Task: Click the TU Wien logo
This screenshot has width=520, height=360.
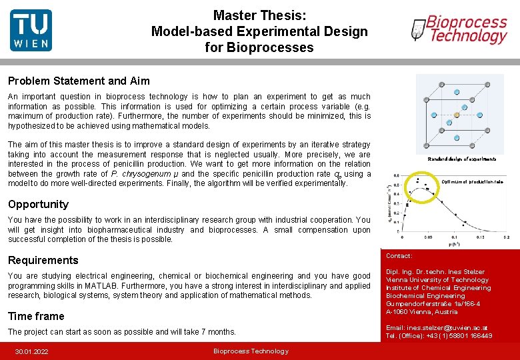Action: pos(31,31)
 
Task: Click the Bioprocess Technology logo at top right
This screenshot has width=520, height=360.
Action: pos(460,30)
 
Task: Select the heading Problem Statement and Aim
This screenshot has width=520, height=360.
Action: pos(79,81)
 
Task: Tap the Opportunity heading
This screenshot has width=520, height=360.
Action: pos(38,204)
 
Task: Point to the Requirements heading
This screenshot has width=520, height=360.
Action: pos(43,260)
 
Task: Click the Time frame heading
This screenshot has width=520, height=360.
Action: pos(36,316)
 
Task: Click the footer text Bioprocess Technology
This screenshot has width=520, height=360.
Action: pos(251,351)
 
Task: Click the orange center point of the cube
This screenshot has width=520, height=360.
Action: pos(457,115)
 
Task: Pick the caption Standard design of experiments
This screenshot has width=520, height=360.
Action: pos(461,159)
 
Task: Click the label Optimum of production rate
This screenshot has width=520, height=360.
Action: pos(472,181)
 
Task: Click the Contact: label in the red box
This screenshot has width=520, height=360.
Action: pos(399,256)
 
